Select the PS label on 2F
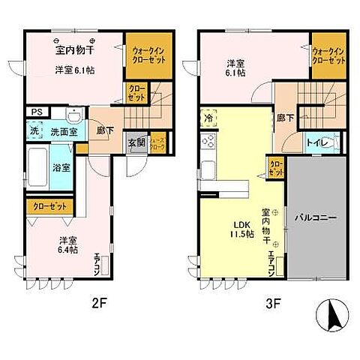point(35,113)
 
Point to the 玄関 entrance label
point(136,142)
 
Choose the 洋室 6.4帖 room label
point(68,246)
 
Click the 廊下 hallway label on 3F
point(286,118)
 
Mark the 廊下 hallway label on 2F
point(103,130)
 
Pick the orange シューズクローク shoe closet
point(157,142)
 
